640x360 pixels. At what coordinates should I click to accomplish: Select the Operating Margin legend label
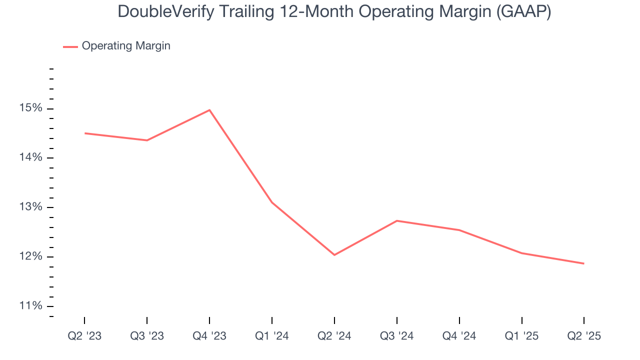[126, 46]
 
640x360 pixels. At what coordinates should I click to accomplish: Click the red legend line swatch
[70, 46]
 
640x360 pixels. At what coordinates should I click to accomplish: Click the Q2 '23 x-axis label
[84, 336]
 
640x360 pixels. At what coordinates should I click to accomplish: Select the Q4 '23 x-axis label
[209, 336]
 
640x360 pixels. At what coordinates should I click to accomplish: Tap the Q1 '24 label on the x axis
[272, 336]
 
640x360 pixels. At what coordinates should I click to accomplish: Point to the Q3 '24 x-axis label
[397, 336]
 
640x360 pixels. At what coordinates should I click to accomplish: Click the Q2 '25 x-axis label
[584, 336]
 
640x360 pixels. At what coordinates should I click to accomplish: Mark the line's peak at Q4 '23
[209, 110]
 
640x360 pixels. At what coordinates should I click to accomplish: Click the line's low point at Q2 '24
[334, 255]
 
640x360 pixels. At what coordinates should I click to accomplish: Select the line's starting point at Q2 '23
[85, 133]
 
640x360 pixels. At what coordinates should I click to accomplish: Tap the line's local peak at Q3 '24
[397, 220]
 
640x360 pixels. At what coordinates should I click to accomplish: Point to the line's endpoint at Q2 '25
[583, 263]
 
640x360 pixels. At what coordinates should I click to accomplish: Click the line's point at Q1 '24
[272, 202]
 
